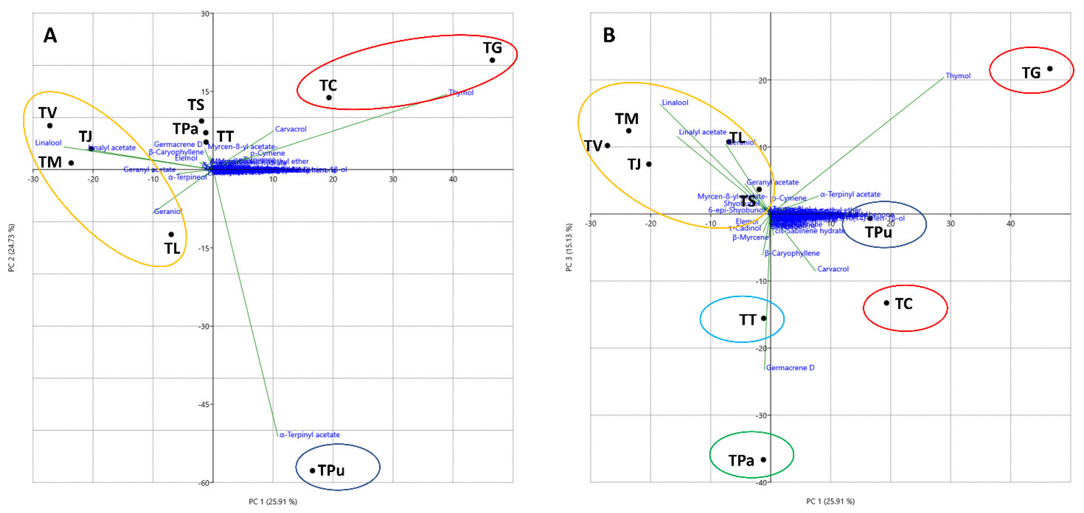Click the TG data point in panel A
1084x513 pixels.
(492, 60)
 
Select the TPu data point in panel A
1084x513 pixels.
(312, 471)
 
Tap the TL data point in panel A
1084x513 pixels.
(171, 234)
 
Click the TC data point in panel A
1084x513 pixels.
(329, 98)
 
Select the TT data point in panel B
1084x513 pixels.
(764, 318)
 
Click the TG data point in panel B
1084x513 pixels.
(1050, 68)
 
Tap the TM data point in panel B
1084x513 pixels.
(629, 131)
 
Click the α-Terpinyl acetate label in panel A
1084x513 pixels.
(310, 435)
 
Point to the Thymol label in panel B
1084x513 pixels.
(958, 76)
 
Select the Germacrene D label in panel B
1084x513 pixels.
(790, 368)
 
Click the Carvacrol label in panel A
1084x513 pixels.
(291, 129)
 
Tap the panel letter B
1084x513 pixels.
(609, 35)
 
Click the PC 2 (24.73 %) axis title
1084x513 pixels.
(11, 248)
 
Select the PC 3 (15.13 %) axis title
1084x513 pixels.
(569, 248)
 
